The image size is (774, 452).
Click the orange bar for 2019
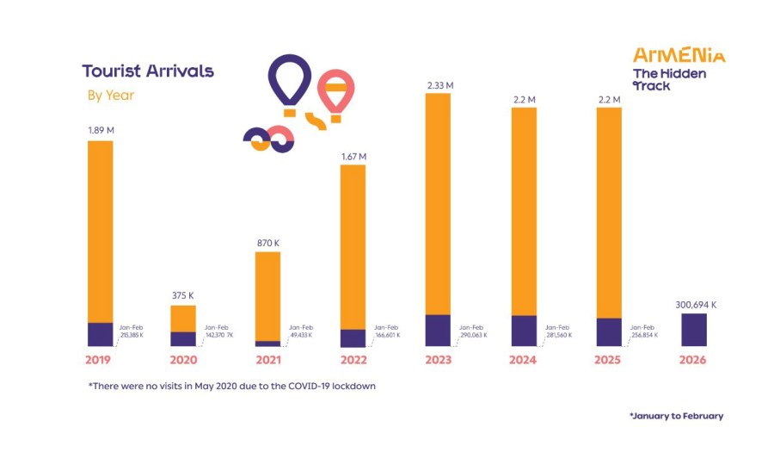[101, 231]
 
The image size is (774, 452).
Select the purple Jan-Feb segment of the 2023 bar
[438, 330]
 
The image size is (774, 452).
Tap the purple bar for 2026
[693, 330]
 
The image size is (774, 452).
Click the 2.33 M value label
[439, 85]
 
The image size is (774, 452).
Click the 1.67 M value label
[353, 156]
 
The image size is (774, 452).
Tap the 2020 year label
[184, 360]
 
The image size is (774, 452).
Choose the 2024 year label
[524, 360]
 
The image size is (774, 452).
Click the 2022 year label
[353, 360]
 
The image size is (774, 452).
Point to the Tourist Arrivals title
[148, 71]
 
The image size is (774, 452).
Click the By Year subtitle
[111, 96]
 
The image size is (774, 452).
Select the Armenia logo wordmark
[679, 55]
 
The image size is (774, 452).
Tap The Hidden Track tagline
[669, 79]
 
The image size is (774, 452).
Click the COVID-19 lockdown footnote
[231, 387]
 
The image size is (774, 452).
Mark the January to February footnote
[676, 416]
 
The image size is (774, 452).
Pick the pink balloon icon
[336, 91]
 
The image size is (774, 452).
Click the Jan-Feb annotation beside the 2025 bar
[642, 331]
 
